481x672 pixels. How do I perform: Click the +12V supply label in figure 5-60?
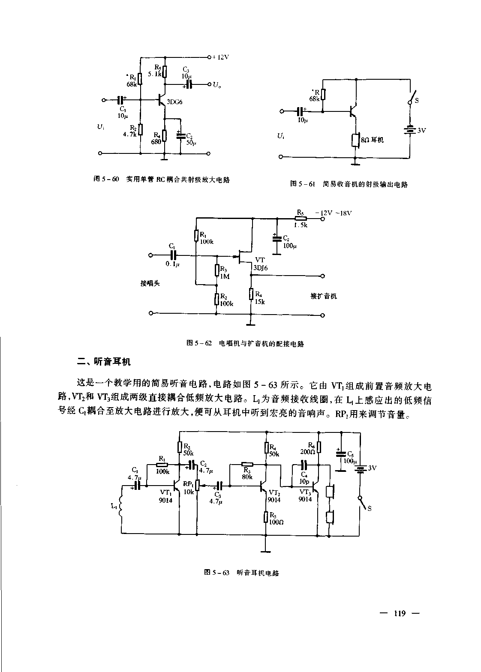[220, 57]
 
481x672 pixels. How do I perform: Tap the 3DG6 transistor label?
[175, 102]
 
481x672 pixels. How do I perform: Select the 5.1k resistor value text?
[154, 74]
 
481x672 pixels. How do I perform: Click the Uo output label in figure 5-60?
[217, 85]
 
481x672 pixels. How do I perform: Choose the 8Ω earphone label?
[372, 140]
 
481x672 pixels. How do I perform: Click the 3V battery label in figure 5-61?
[422, 130]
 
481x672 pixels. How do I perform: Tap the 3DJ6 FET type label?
[261, 267]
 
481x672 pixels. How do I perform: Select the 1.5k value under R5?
[301, 225]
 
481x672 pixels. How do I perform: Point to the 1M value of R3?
[225, 276]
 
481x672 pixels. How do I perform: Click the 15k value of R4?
[260, 301]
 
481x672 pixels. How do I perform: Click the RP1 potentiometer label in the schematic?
[188, 483]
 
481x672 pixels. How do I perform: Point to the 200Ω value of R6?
[307, 452]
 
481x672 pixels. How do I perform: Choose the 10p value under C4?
[304, 481]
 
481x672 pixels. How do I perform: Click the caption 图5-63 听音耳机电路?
[242, 573]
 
